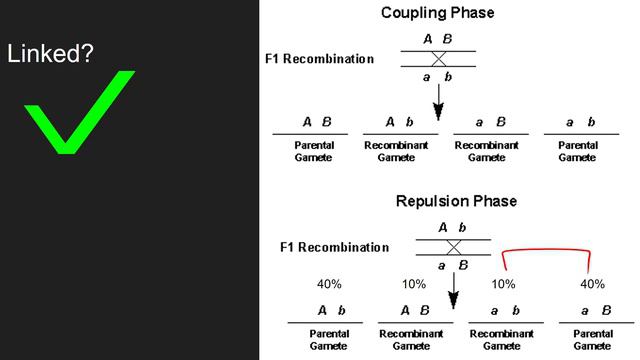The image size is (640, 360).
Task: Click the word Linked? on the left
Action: click(51, 54)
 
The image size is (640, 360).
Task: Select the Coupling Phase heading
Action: click(438, 13)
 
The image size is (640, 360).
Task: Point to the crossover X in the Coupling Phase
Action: click(437, 59)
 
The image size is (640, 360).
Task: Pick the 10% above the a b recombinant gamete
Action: click(503, 284)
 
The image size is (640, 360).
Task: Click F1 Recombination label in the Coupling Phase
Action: click(319, 59)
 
